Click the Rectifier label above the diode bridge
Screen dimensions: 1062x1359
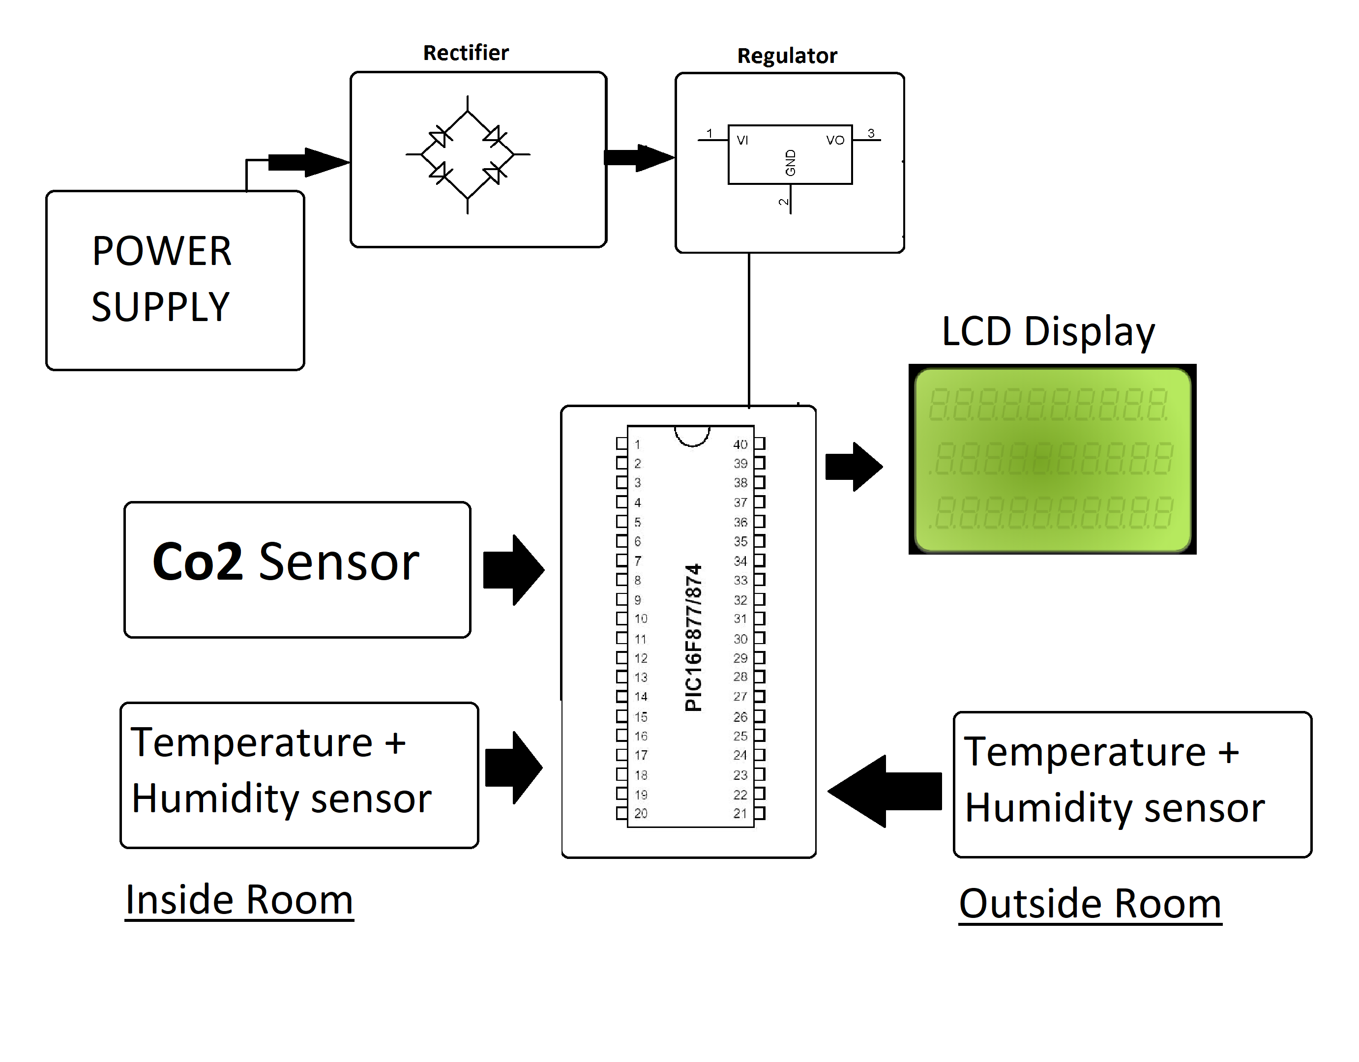[466, 53]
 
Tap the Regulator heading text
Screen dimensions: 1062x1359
[787, 56]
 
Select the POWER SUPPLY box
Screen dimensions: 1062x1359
[175, 280]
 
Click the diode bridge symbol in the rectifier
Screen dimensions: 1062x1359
[467, 154]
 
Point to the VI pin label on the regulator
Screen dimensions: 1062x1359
[742, 141]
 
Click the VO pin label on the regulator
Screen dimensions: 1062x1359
[834, 141]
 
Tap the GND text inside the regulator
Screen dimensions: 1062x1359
[790, 163]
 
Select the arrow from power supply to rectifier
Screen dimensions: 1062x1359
[308, 162]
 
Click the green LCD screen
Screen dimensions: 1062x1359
[1052, 460]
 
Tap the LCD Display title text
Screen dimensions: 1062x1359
[1048, 331]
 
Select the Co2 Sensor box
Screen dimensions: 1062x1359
[297, 569]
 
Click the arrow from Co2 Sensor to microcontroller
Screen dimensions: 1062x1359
[513, 570]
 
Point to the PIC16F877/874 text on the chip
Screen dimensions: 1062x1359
[693, 637]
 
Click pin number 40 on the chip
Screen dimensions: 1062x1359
[740, 444]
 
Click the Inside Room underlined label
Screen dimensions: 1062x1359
[239, 900]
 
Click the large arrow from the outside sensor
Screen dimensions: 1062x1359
[885, 792]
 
